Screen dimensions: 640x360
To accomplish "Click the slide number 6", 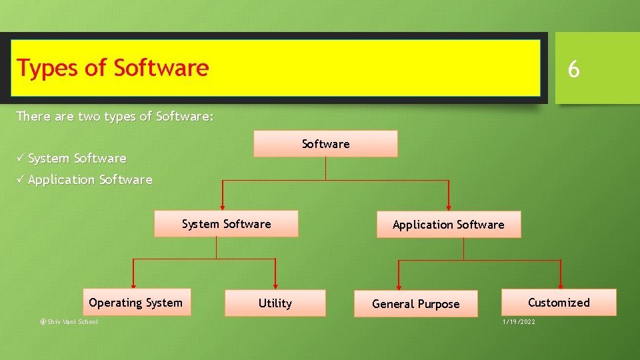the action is (573, 69).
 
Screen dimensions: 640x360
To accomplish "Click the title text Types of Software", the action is (113, 68).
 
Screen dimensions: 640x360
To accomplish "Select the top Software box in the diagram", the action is (325, 144).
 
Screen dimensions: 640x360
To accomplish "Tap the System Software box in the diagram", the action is (226, 224).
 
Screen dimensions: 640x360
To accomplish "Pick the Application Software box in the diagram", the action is (448, 225).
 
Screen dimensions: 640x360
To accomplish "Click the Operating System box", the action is (135, 303).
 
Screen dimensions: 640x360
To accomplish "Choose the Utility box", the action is (275, 303).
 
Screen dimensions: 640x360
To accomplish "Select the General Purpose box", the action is (415, 304).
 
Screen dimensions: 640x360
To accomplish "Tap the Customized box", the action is (559, 303).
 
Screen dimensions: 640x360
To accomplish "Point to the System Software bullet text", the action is (77, 159).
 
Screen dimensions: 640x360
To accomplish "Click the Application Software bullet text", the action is (90, 180).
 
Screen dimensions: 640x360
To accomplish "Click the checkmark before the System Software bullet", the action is (21, 158).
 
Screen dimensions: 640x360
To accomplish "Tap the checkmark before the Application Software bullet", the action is (21, 179).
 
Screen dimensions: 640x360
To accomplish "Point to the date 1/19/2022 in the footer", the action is (518, 322).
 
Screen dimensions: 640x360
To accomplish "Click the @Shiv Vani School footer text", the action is (69, 322).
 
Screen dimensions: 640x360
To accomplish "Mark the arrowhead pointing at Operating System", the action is (133, 285).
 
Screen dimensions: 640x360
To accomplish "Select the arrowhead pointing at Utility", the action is (275, 285).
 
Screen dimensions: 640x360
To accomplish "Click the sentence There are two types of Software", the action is (115, 117).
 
